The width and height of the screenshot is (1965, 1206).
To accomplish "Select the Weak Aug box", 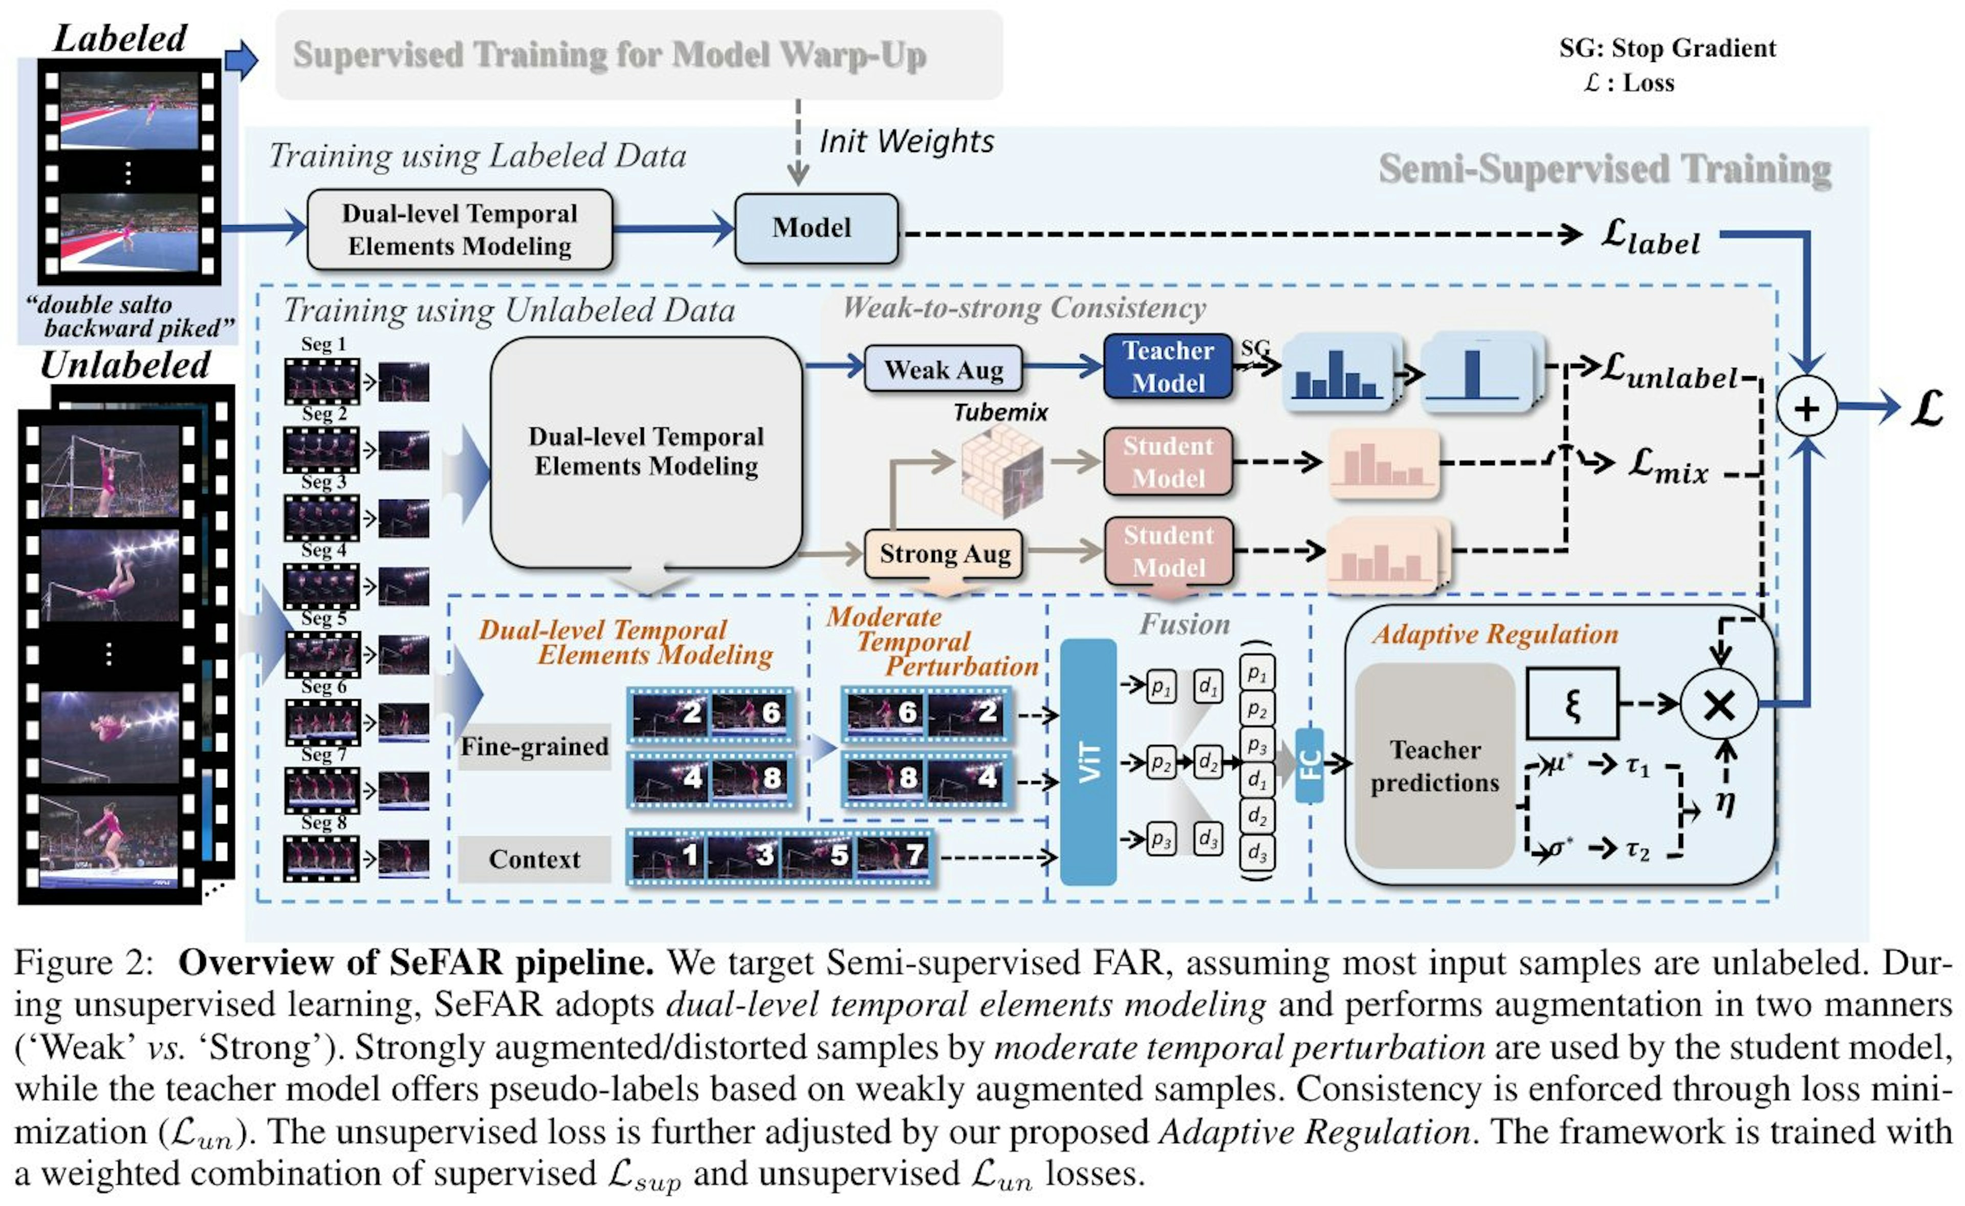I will (x=944, y=369).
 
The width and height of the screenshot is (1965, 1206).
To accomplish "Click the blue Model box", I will (x=815, y=228).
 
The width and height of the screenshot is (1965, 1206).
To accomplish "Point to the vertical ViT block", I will (x=1088, y=762).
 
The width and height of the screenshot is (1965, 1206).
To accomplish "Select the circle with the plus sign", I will (x=1806, y=407).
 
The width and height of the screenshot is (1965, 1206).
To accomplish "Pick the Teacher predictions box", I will (x=1435, y=766).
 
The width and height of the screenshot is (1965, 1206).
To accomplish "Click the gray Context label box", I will (x=534, y=859).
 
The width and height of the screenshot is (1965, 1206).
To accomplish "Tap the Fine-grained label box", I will (x=534, y=746).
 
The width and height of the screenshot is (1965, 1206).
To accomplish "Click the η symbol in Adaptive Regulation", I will (x=1725, y=804).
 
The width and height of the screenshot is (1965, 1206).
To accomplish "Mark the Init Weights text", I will (x=907, y=141).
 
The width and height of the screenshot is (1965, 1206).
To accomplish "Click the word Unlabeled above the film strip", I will (x=125, y=365).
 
